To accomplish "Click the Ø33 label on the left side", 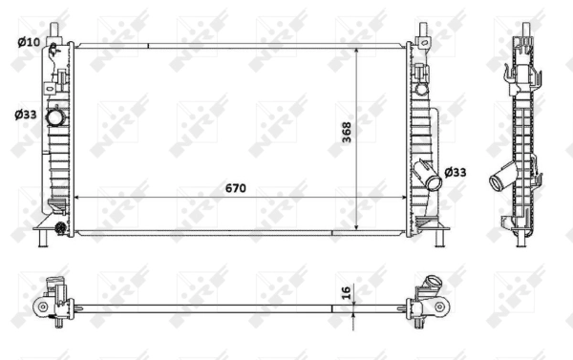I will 26,115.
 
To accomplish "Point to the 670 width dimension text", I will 234,188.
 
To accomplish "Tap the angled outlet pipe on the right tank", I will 427,176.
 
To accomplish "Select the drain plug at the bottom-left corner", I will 60,227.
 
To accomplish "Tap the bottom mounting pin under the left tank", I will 43,239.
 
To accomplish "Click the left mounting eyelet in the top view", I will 41,307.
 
